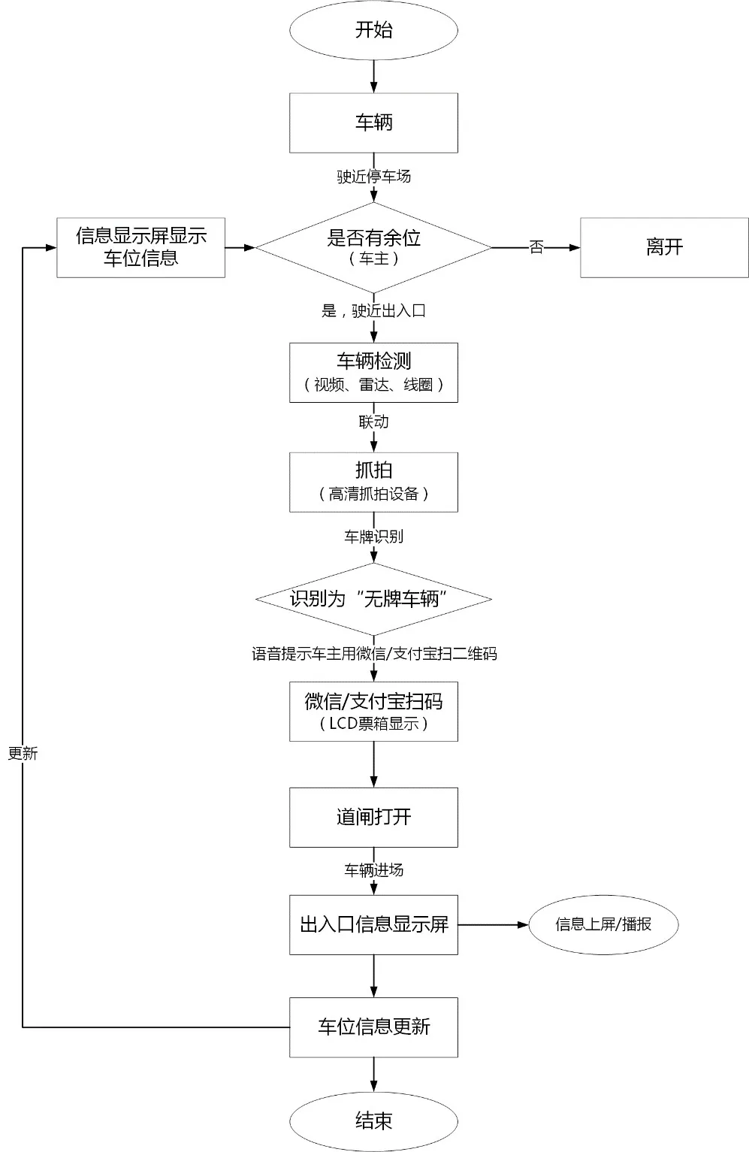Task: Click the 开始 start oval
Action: pos(373,30)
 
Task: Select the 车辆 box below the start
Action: pos(373,122)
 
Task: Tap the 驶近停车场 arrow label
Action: pos(373,177)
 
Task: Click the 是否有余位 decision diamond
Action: pos(373,246)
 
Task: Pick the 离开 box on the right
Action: pos(664,247)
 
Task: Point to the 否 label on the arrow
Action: pos(536,247)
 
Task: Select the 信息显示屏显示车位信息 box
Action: pos(141,247)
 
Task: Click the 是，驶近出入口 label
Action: pos(373,310)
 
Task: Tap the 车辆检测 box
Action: pos(373,372)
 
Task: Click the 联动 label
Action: pos(373,422)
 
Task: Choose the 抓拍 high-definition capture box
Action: pos(373,482)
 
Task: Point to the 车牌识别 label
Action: pos(373,537)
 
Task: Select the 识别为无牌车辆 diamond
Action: pos(373,599)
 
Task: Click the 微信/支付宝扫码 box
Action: pos(373,711)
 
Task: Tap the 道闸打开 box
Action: pos(373,817)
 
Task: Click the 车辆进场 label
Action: pos(373,870)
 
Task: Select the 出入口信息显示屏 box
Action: pos(373,924)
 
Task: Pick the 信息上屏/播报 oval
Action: pos(603,924)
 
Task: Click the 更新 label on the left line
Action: pos(23,754)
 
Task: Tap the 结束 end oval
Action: pos(373,1121)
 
